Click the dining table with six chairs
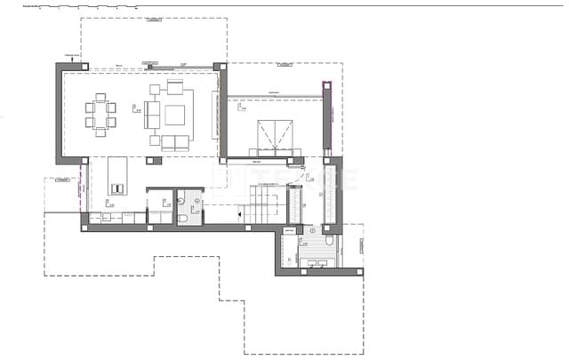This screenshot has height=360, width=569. click(x=100, y=115)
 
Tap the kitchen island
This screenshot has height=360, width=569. click(x=118, y=175)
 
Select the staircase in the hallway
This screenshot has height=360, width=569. click(x=266, y=203)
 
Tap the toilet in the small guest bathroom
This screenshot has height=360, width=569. click(x=181, y=215)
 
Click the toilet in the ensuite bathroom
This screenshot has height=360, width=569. click(x=328, y=241)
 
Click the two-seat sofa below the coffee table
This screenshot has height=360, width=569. click(x=174, y=142)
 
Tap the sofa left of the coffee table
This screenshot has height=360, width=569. click(x=152, y=115)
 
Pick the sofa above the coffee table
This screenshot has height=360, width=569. click(x=174, y=87)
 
